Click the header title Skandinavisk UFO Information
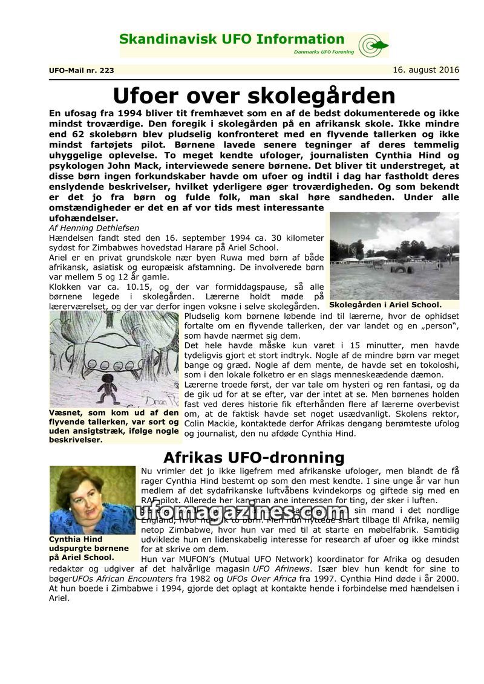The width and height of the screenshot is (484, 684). tap(232, 40)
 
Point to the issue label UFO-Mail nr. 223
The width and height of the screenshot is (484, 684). tap(81, 70)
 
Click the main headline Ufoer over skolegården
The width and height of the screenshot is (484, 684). tap(254, 95)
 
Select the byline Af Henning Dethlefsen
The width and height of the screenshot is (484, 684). tap(94, 228)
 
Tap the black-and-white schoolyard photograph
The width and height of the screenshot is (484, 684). tap(394, 255)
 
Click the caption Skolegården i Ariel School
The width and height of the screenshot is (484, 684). tap(385, 305)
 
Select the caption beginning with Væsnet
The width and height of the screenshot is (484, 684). tap(114, 426)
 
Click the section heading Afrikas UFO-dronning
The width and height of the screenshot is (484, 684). tap(253, 457)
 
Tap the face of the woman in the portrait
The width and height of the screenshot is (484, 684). tap(84, 495)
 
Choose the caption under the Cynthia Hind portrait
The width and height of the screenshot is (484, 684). tap(81, 548)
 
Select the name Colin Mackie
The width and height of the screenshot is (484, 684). tap(206, 424)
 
